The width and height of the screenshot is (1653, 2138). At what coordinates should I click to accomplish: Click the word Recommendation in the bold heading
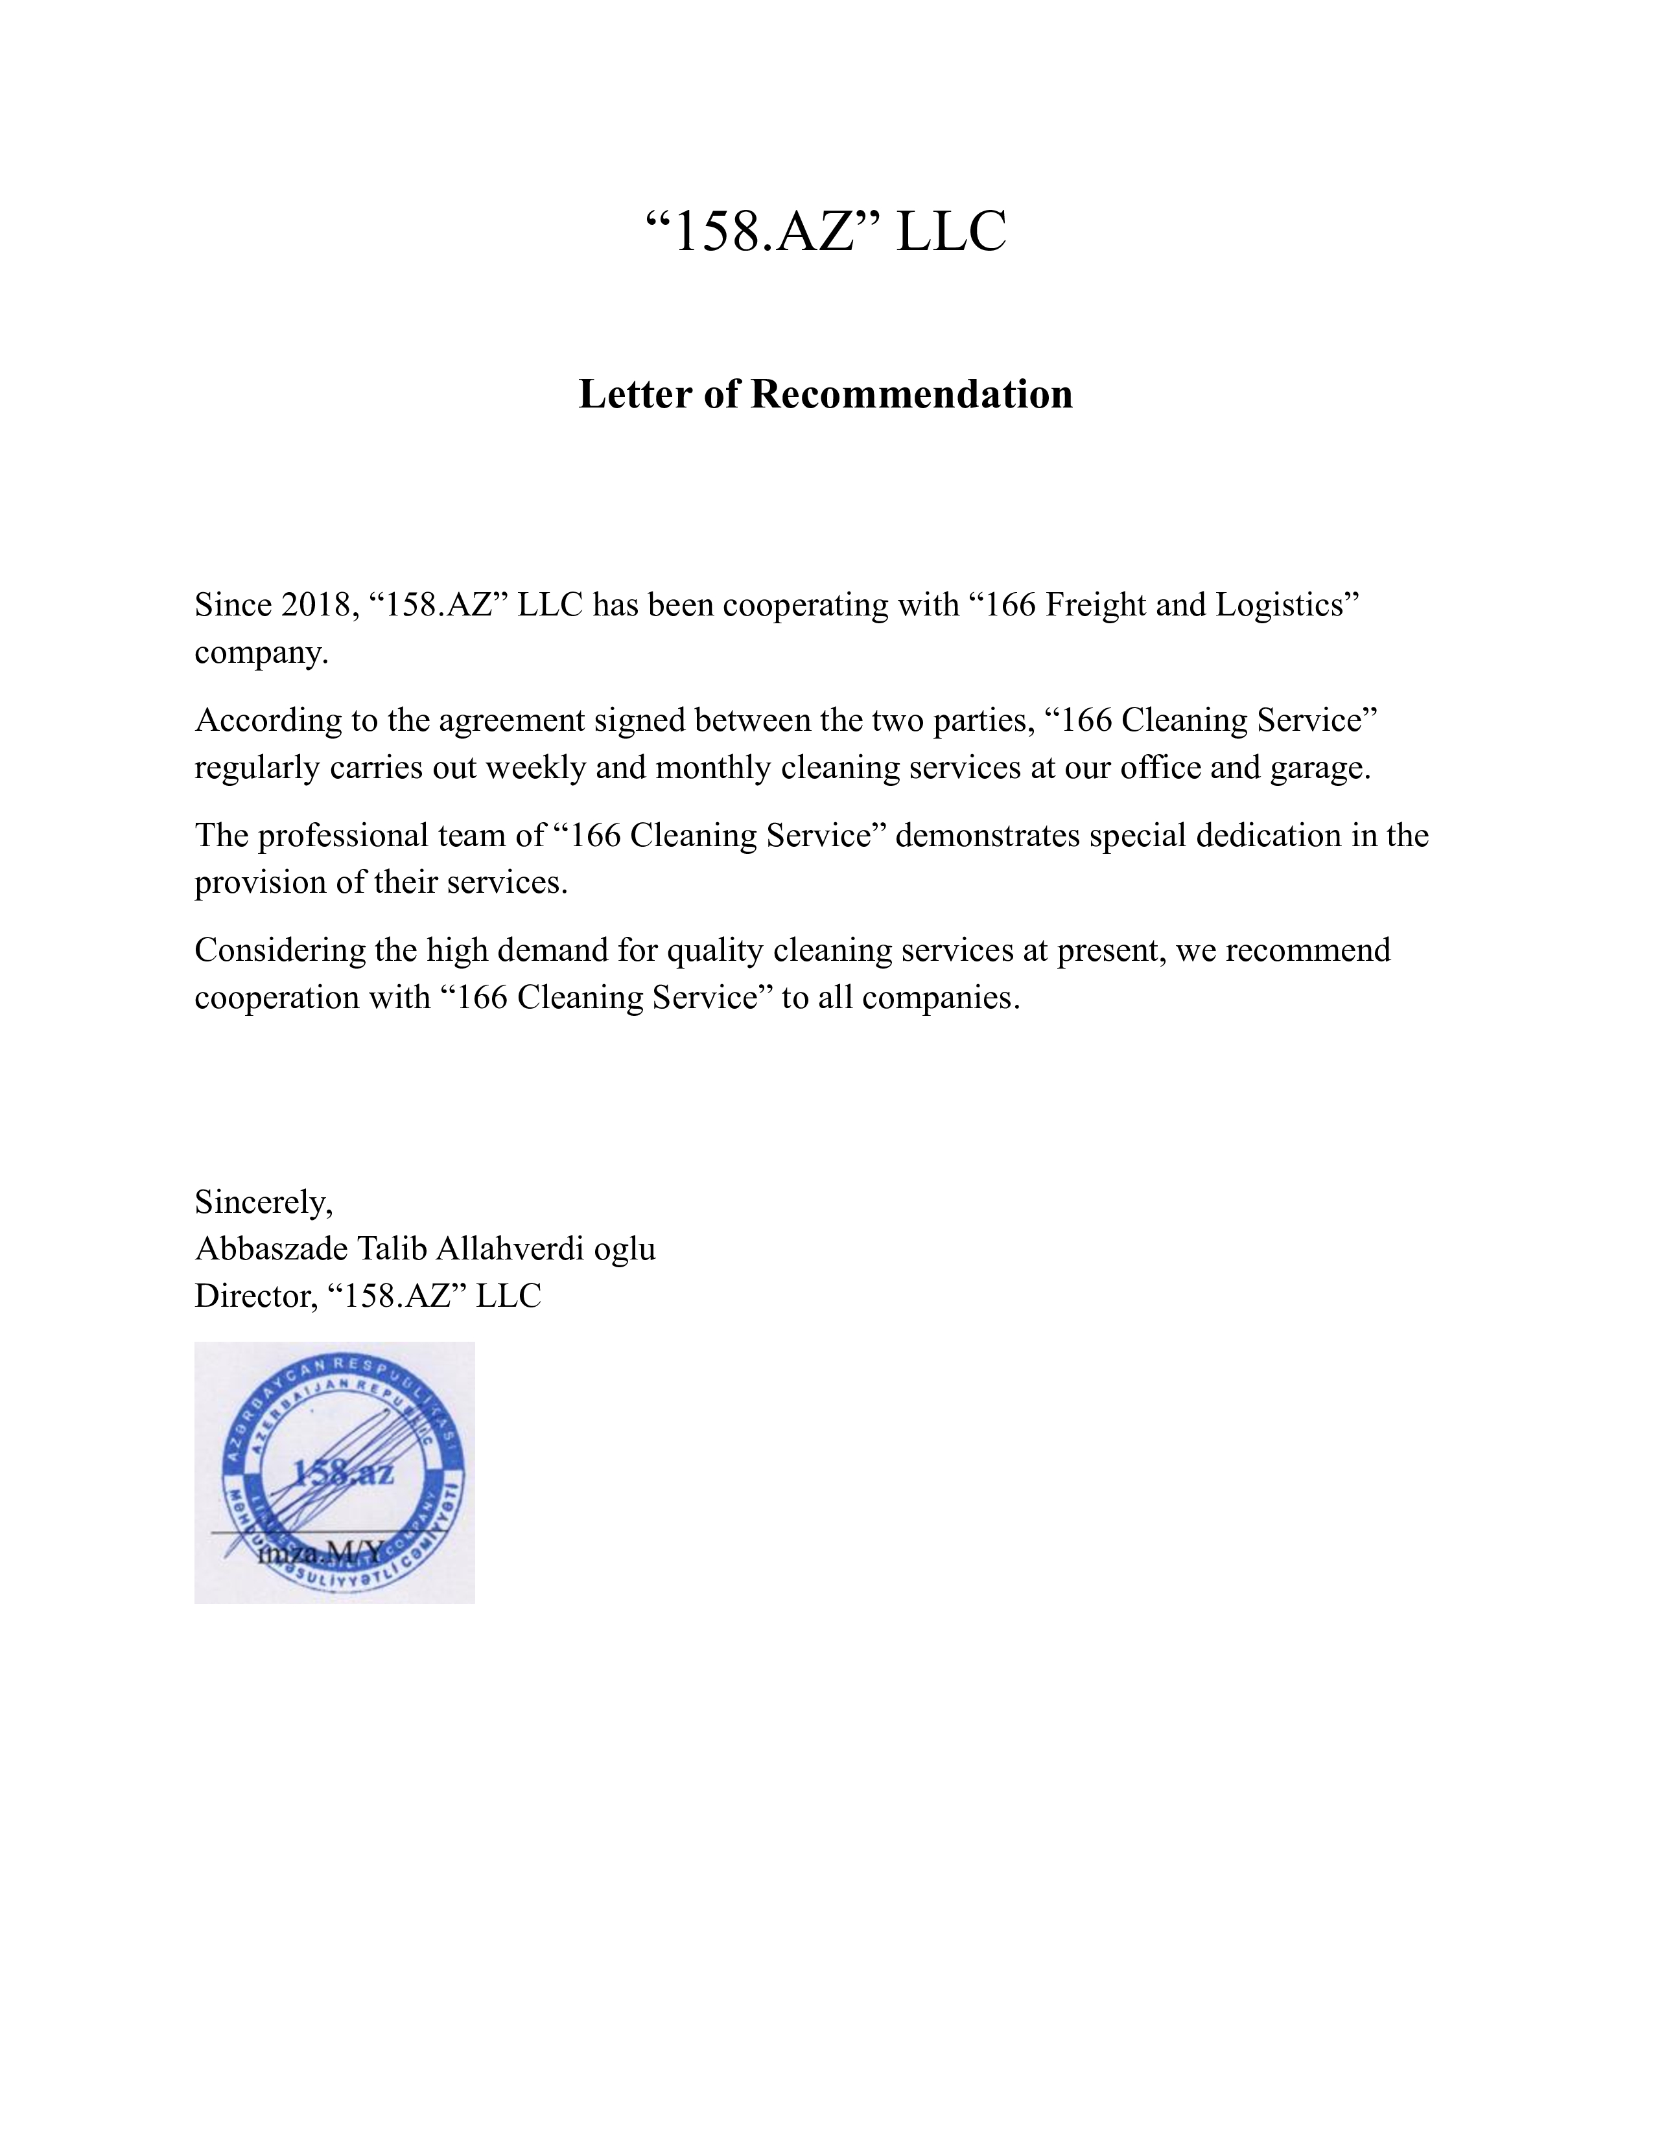pos(911,395)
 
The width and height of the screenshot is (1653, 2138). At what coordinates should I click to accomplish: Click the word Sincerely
pos(263,1202)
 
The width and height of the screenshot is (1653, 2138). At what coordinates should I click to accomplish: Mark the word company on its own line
pos(261,653)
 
